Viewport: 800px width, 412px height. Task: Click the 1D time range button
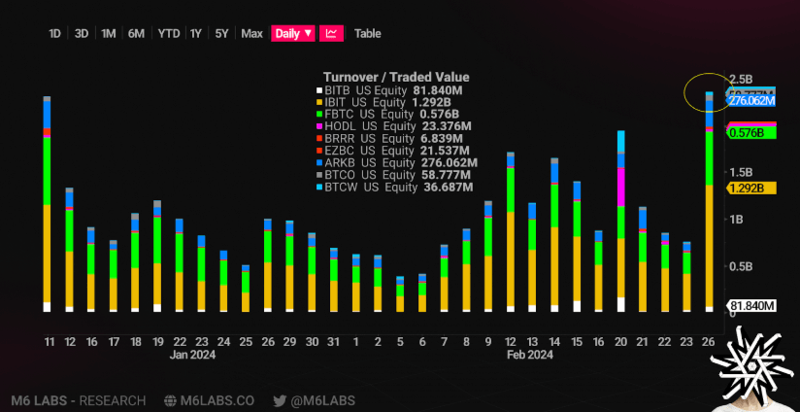pos(55,33)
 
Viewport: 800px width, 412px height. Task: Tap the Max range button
pos(251,33)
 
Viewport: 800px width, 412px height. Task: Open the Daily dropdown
pos(293,33)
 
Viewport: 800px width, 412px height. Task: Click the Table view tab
pos(367,33)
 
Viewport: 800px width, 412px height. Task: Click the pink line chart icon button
pos(331,33)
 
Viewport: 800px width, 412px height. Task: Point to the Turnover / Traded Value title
pos(396,77)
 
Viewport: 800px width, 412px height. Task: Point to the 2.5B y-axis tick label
pos(741,79)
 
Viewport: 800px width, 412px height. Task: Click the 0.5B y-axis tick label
pos(741,265)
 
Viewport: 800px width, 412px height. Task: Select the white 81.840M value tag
pos(752,305)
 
